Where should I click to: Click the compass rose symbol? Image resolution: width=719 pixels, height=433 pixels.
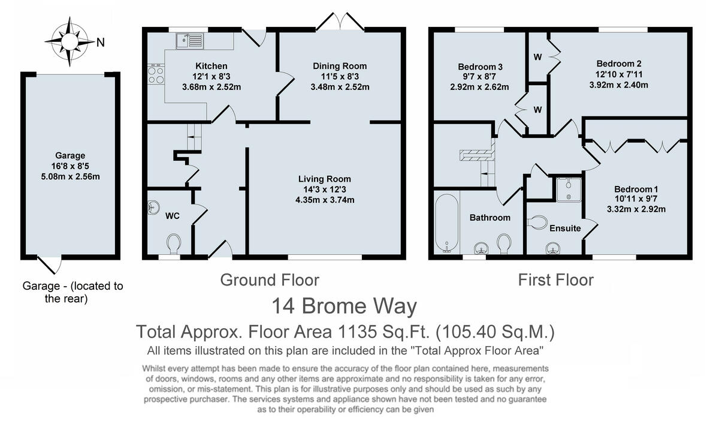pyautogui.click(x=70, y=41)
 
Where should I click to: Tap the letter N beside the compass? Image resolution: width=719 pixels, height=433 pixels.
pyautogui.click(x=101, y=42)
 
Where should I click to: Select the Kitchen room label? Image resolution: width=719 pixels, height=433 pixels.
pyautogui.click(x=211, y=66)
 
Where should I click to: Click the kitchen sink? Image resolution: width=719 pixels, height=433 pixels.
pyautogui.click(x=190, y=41)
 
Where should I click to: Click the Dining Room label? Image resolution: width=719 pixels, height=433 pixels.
pyautogui.click(x=340, y=66)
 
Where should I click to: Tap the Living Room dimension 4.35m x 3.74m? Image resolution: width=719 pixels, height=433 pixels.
pyautogui.click(x=324, y=200)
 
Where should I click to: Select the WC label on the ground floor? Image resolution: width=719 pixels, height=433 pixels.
pyautogui.click(x=173, y=215)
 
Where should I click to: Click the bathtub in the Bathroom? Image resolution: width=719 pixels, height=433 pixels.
pyautogui.click(x=447, y=223)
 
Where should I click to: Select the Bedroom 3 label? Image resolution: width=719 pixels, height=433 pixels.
pyautogui.click(x=479, y=67)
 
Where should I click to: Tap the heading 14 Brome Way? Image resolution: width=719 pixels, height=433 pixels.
pyautogui.click(x=344, y=306)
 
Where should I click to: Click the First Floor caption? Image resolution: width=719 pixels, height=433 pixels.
pyautogui.click(x=555, y=279)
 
